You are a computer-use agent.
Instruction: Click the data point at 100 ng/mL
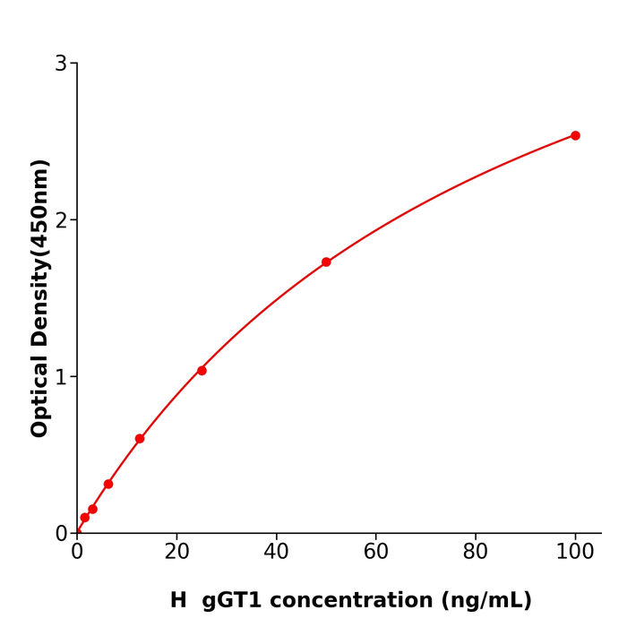click(575, 135)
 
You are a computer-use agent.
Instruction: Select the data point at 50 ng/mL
click(326, 262)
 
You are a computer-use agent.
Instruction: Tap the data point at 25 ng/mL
click(202, 371)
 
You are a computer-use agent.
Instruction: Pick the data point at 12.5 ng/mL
click(140, 439)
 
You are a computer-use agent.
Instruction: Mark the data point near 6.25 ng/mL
click(108, 484)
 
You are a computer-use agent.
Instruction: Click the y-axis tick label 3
click(61, 64)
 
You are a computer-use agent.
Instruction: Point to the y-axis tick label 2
click(61, 220)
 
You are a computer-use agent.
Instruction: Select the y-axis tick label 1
click(61, 377)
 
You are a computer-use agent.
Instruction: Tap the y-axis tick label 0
click(61, 534)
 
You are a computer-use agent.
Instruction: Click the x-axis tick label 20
click(176, 553)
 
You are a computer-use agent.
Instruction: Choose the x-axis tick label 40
click(276, 553)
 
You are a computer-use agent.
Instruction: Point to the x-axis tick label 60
click(376, 553)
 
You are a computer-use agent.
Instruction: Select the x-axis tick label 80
click(476, 553)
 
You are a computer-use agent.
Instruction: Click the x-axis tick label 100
click(575, 553)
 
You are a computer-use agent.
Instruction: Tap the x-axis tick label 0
click(77, 553)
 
